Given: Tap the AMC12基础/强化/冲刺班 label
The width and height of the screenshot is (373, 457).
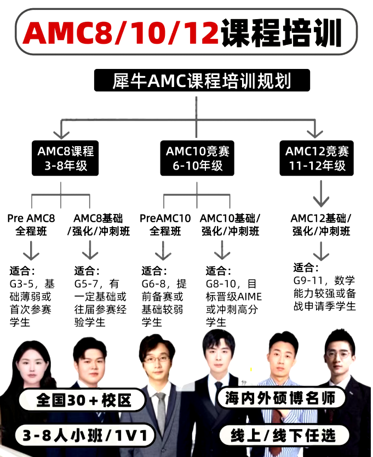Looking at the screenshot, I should point(321,224).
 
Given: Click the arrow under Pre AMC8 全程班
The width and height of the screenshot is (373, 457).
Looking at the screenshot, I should point(31,251).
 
